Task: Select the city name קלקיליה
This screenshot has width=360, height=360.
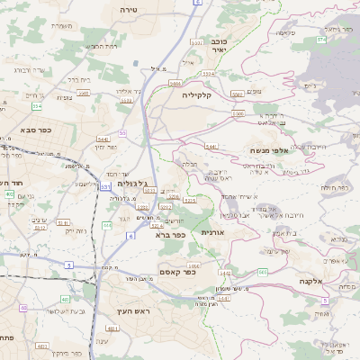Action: [195, 94]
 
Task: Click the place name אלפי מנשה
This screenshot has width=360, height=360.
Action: [269, 151]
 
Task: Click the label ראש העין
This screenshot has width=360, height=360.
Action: [128, 310]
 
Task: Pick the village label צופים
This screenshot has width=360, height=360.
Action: [254, 91]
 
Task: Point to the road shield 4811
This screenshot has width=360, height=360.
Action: [42, 345]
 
